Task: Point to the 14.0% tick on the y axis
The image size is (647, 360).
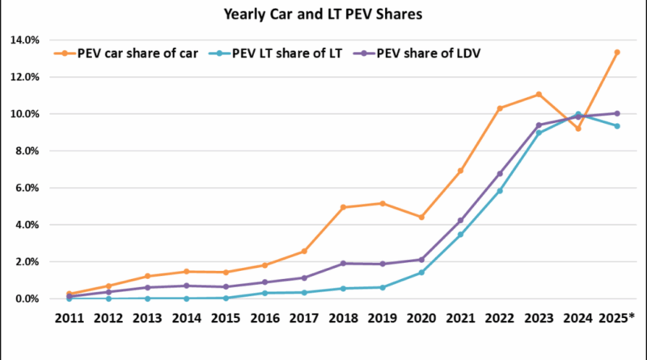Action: click(23, 40)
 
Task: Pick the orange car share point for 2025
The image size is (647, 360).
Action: click(616, 53)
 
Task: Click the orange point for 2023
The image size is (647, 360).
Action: click(538, 95)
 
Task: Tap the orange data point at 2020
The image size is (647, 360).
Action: click(421, 217)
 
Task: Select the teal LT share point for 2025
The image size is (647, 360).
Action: click(616, 126)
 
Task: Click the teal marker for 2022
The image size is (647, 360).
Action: click(499, 191)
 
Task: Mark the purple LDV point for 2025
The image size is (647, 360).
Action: click(616, 113)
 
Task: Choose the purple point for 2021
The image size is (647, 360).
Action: click(459, 220)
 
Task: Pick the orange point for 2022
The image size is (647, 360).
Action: click(499, 108)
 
